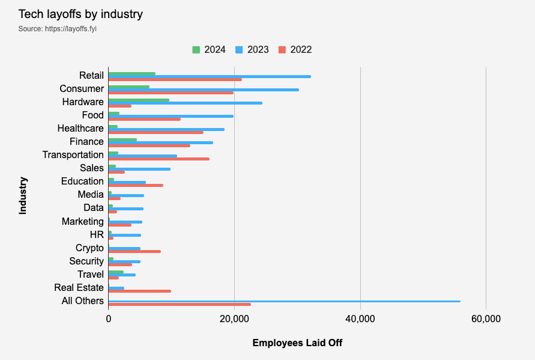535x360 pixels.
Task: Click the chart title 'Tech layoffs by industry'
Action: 80,14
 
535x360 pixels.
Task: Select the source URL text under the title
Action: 57,29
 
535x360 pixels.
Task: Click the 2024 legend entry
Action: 209,49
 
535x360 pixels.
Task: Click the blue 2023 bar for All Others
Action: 284,301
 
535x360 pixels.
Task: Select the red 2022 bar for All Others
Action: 180,304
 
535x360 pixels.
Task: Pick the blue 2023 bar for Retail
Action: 210,76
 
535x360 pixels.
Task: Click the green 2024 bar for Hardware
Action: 139,100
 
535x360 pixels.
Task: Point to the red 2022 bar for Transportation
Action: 159,159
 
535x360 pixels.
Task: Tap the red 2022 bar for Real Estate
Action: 139,291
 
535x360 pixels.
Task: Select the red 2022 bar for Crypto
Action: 135,251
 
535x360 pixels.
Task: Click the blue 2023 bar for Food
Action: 171,116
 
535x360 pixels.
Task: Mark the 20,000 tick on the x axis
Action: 234,319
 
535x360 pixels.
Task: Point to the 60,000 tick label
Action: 485,319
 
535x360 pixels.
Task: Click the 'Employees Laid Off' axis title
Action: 297,343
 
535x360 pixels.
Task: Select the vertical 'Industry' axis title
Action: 23,195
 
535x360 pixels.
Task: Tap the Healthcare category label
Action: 80,128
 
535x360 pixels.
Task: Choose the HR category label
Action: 97,234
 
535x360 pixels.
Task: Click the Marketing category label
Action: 83,221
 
